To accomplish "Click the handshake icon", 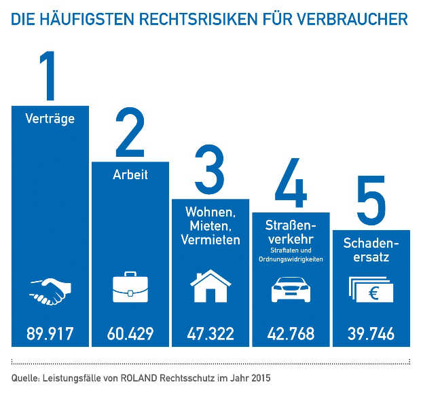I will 49,291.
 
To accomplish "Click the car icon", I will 291,290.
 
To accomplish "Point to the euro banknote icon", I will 371,289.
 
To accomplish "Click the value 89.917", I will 50,334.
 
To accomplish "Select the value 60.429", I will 130,334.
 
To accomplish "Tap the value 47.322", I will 210,334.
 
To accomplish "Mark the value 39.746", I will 371,334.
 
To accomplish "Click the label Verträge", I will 50,119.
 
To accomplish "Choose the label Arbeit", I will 130,175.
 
